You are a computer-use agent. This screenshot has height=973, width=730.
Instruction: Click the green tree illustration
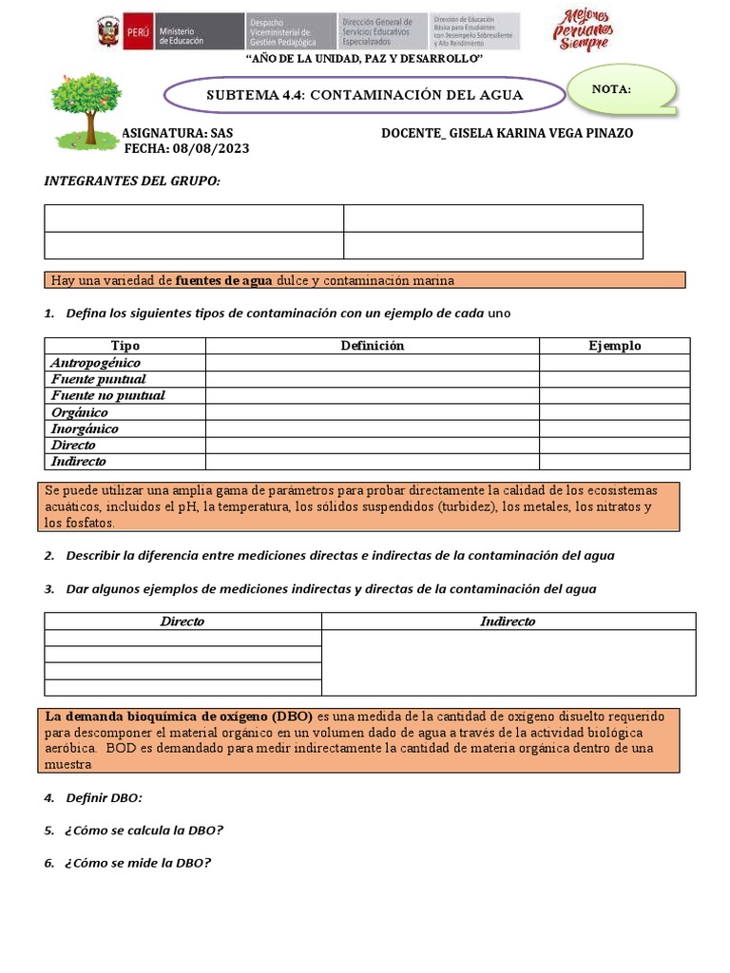(x=86, y=111)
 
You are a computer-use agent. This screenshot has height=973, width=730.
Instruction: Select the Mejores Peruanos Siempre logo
(x=583, y=30)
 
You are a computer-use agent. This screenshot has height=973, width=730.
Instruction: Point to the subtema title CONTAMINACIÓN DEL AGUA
(x=364, y=96)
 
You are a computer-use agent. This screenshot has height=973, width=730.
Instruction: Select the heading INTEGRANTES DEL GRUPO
(x=132, y=181)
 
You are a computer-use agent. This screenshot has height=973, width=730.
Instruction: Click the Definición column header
(x=372, y=346)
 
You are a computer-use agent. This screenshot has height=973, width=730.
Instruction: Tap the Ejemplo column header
(x=614, y=346)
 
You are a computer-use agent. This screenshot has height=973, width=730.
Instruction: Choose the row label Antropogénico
(x=95, y=363)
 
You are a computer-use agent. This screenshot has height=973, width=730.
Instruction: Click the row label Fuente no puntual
(x=107, y=395)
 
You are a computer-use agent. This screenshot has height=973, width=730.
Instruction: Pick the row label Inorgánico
(x=85, y=429)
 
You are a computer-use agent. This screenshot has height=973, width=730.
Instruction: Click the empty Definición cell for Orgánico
(x=372, y=412)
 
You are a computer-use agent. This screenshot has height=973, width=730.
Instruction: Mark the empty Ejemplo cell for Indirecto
(x=614, y=462)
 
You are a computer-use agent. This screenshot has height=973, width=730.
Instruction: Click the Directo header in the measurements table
(x=182, y=621)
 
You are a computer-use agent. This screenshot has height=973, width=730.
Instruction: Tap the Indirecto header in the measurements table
(x=508, y=621)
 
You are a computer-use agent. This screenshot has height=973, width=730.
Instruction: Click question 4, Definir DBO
(x=103, y=797)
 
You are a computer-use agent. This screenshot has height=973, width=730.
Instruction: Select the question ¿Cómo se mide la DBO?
(x=138, y=863)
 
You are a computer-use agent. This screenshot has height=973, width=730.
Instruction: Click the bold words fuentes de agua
(x=224, y=280)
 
